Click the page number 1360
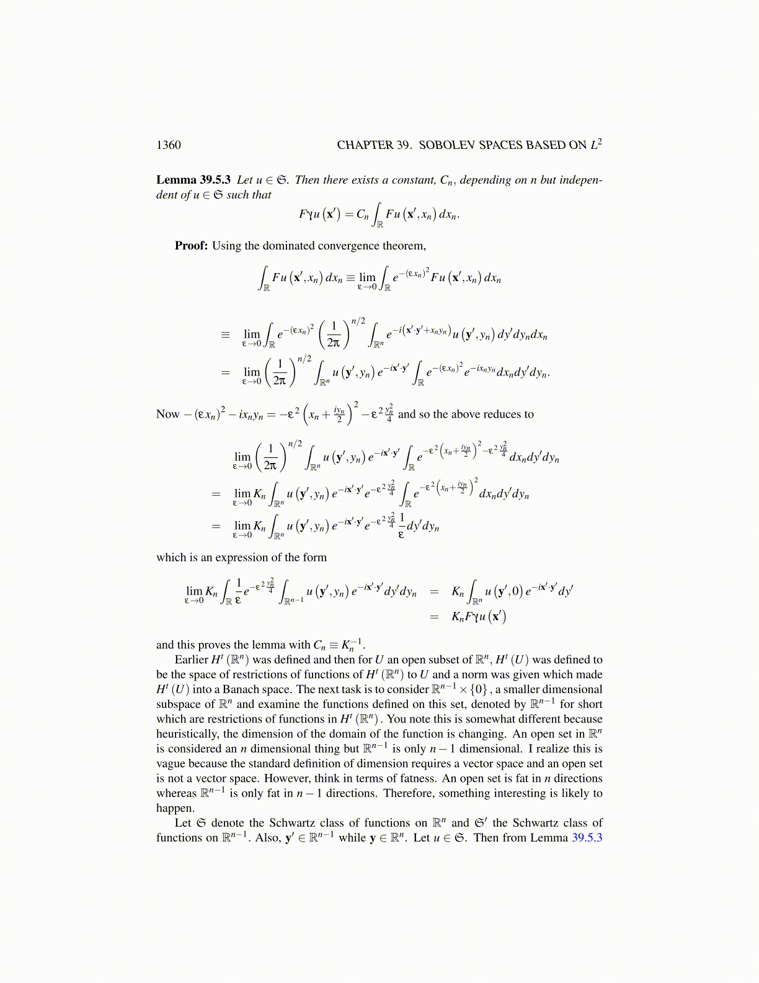pyautogui.click(x=168, y=145)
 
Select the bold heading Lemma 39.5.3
pyautogui.click(x=193, y=180)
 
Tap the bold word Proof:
pyautogui.click(x=191, y=246)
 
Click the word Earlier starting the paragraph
pyautogui.click(x=191, y=660)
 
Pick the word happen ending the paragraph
pyautogui.click(x=175, y=808)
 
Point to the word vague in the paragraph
pyautogui.click(x=171, y=763)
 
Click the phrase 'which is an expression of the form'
pyautogui.click(x=241, y=557)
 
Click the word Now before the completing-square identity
pyautogui.click(x=167, y=415)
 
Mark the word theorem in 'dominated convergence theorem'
pyautogui.click(x=406, y=246)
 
